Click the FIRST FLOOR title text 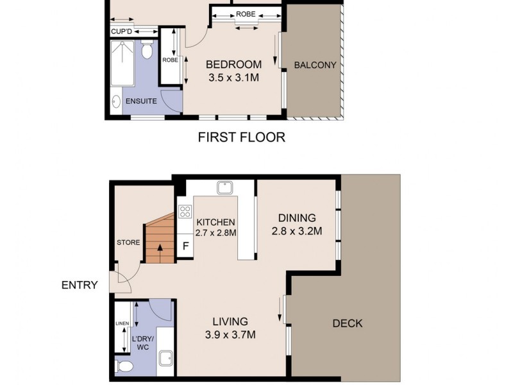(x=241, y=137)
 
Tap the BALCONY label (x=315, y=65)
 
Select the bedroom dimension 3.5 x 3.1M (x=233, y=78)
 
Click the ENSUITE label (x=141, y=101)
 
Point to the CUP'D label (x=121, y=31)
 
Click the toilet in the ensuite (x=147, y=50)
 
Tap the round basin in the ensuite (x=116, y=101)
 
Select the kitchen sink (x=224, y=188)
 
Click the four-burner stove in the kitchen (x=185, y=210)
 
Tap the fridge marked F (x=185, y=246)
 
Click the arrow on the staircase (x=159, y=248)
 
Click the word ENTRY (x=80, y=285)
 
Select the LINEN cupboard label (x=122, y=323)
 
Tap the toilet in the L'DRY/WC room (x=124, y=366)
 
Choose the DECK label (x=347, y=323)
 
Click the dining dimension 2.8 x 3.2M (x=297, y=231)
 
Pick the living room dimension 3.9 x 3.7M (x=231, y=335)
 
